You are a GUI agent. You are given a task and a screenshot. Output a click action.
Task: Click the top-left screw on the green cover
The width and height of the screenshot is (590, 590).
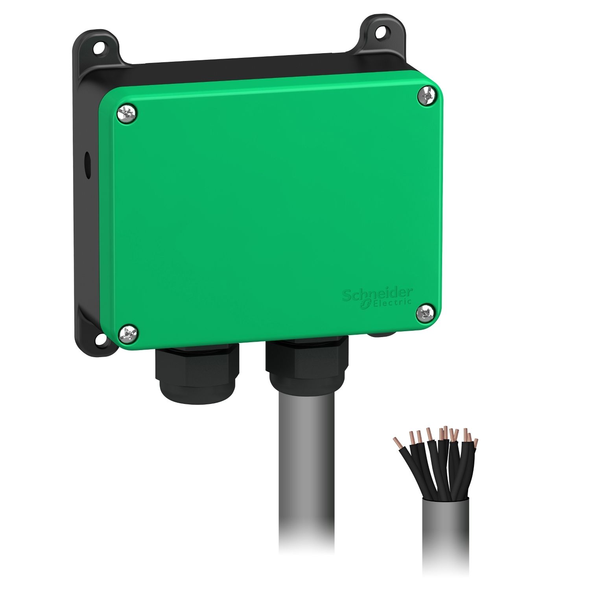click(127, 114)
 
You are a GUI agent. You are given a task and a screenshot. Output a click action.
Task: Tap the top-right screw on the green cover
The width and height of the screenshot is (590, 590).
click(426, 96)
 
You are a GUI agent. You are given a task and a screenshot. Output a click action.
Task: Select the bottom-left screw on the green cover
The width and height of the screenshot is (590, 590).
click(129, 334)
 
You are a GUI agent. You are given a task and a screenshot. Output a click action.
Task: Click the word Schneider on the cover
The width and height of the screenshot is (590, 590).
click(377, 294)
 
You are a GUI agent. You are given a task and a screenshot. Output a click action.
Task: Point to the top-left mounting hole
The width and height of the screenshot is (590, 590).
click(97, 49)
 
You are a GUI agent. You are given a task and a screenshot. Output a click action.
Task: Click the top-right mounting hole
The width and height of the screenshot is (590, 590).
click(380, 33)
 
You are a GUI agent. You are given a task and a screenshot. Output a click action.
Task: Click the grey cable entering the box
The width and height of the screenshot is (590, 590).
click(307, 472)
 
